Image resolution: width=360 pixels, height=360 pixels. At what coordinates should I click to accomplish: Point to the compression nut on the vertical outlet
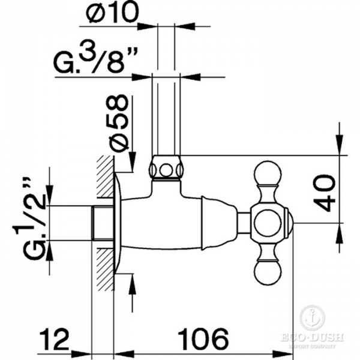165,168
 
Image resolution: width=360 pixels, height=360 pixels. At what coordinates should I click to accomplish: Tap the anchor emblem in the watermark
311,318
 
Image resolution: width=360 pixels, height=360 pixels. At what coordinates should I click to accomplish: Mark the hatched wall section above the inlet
104,180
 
